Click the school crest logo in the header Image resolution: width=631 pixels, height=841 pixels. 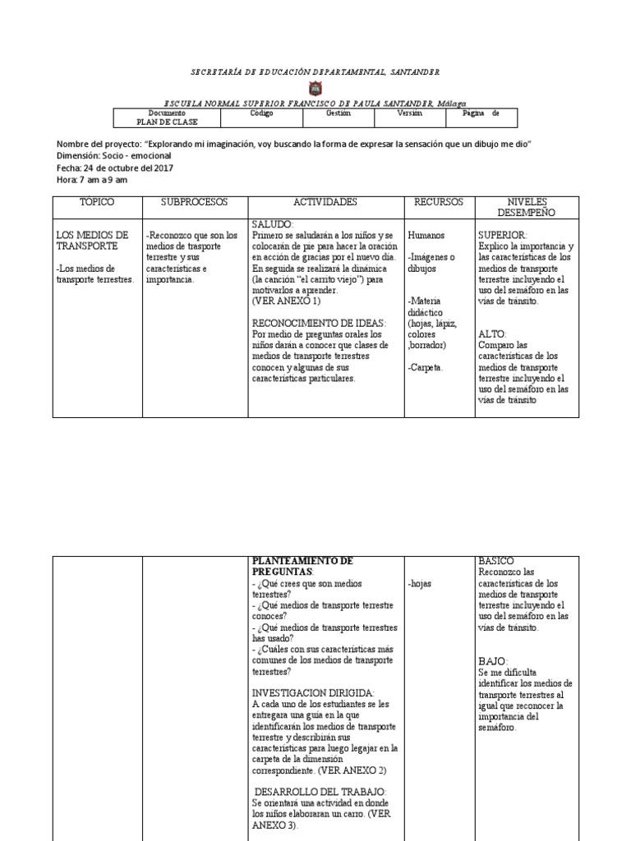(315, 88)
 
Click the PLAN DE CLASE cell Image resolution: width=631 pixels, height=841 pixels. (168, 122)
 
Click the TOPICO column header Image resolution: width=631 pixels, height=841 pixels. (96, 202)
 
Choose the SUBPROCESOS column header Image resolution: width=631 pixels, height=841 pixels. (194, 202)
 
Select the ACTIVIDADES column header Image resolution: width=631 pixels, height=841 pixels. (325, 202)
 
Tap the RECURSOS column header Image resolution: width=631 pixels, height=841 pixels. (439, 202)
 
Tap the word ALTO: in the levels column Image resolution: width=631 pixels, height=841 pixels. (492, 334)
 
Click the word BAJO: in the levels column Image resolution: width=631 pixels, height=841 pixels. (493, 661)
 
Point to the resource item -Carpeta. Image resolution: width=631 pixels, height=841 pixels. (426, 367)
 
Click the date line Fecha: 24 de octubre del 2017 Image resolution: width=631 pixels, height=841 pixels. (115, 168)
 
